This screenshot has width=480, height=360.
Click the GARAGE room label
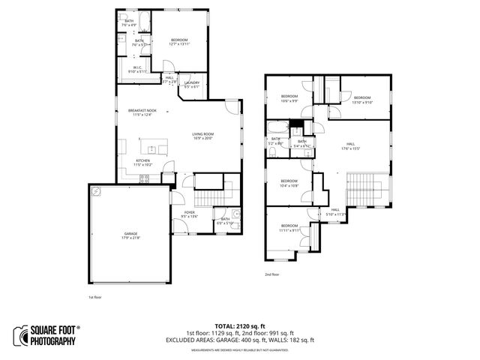tap(131, 235)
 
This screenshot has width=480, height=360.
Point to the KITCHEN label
tap(142, 161)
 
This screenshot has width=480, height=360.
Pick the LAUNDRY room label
tap(192, 85)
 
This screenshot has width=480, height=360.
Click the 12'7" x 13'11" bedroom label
tap(179, 41)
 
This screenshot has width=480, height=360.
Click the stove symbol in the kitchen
tap(145, 178)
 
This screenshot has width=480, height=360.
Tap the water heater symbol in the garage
tap(96, 192)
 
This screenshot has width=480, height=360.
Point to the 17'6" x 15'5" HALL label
tap(350, 146)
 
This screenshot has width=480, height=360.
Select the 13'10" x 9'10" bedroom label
tap(362, 99)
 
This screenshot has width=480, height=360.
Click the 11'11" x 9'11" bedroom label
tap(290, 228)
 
